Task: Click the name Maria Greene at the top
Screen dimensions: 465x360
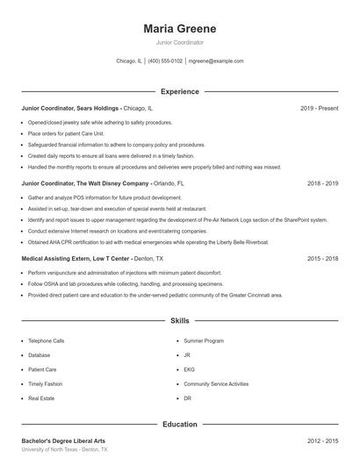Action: [x=179, y=29]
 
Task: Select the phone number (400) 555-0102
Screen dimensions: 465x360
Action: [x=165, y=61]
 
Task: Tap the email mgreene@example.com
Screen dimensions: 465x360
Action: [x=215, y=61]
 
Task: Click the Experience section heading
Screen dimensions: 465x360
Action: [x=179, y=91]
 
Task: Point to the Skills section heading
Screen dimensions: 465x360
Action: [x=179, y=322]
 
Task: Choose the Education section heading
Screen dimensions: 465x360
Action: [x=179, y=425]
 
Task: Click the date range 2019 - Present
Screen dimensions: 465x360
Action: [x=319, y=108]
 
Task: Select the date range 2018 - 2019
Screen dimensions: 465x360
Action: [x=322, y=184]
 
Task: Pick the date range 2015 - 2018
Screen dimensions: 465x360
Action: [x=322, y=259]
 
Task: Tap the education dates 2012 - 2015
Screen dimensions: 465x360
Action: [x=322, y=441]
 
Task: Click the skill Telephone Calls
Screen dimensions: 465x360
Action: [x=47, y=340]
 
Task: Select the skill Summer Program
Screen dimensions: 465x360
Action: [x=204, y=340]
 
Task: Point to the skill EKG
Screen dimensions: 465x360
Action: [x=189, y=369]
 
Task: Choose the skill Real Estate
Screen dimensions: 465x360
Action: [x=42, y=398]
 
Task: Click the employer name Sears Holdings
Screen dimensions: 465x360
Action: [x=98, y=108]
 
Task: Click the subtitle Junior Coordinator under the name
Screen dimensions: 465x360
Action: [x=179, y=42]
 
